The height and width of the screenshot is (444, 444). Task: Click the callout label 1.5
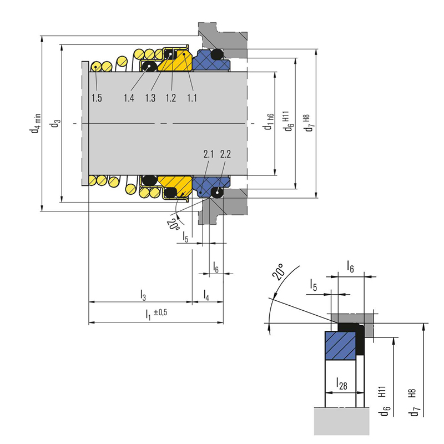(x=97, y=98)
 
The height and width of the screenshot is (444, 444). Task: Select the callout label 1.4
(x=129, y=98)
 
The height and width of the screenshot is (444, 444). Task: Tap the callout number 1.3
(x=150, y=98)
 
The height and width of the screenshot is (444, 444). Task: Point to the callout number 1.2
(x=171, y=98)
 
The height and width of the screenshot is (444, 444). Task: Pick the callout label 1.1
(x=192, y=98)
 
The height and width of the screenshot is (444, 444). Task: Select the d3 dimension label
(x=54, y=123)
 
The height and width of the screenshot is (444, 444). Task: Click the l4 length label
(x=207, y=294)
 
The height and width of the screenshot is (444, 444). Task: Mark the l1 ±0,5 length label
(x=156, y=314)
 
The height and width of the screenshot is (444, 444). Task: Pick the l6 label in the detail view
(x=350, y=266)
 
